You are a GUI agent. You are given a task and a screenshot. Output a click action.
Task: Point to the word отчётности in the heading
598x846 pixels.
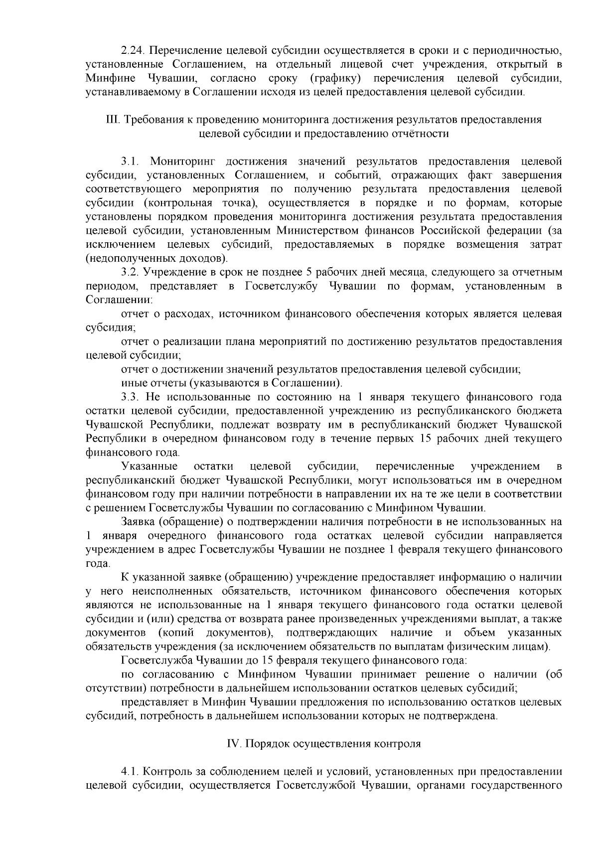coord(424,134)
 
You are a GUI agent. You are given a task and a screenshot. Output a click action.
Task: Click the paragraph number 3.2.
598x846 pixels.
coord(131,272)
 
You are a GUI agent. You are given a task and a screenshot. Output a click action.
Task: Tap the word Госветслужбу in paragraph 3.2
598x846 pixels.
coord(282,286)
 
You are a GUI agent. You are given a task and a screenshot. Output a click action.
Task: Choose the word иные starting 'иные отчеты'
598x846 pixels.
coord(133,383)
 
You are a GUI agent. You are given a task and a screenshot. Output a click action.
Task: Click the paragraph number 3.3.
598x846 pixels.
coord(131,397)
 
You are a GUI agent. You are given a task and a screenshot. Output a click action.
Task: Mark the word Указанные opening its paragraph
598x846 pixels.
coord(149,467)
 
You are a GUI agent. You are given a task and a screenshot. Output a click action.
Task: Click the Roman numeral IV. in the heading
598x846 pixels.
coord(234,744)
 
